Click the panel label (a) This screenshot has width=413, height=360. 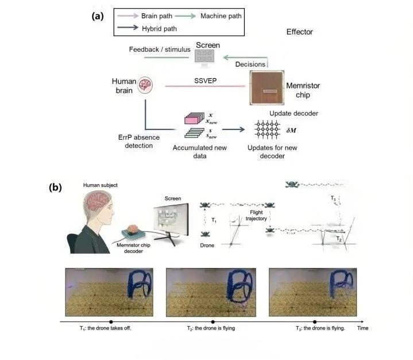(97, 16)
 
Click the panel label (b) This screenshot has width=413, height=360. (56, 187)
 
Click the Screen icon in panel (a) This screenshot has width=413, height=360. (204, 56)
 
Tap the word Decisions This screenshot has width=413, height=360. (251, 64)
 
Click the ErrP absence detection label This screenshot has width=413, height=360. (134, 142)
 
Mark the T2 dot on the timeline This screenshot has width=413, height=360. (213, 321)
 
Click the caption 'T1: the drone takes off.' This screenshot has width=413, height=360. (106, 328)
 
